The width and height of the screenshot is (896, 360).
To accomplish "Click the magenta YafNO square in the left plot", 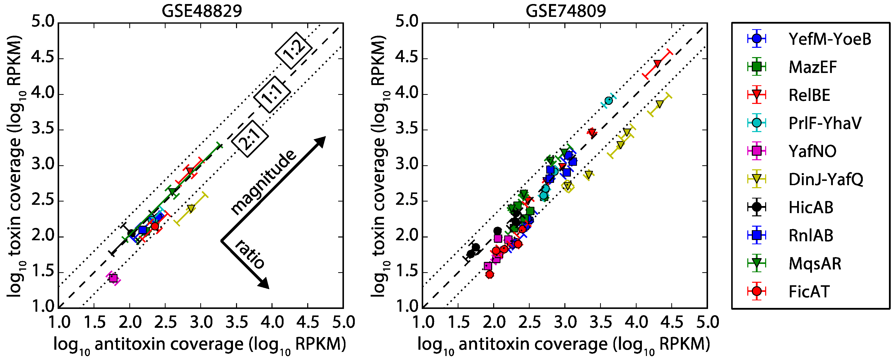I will (x=113, y=278).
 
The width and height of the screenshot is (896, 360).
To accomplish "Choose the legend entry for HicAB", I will (x=810, y=207).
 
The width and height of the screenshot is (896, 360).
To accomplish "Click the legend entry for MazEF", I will (x=812, y=67).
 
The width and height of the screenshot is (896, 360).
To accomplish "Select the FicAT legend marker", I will (x=756, y=291).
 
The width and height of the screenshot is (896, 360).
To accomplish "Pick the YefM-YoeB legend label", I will (x=830, y=38).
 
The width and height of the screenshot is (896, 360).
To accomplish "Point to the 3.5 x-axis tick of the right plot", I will (x=600, y=322).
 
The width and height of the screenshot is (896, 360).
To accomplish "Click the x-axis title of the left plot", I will (x=200, y=344).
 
